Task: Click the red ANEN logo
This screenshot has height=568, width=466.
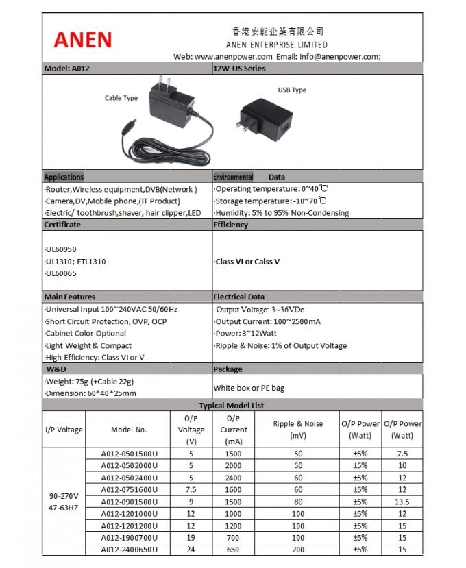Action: [82, 38]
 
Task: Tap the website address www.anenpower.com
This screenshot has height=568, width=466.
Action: [234, 57]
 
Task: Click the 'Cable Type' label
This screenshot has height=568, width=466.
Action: [121, 98]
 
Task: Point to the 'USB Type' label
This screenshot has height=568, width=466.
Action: [292, 90]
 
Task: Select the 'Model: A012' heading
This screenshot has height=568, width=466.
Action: [67, 69]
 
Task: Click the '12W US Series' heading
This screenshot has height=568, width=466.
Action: [239, 69]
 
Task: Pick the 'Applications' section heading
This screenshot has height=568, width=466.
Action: [64, 177]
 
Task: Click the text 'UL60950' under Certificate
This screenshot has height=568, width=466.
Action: [62, 250]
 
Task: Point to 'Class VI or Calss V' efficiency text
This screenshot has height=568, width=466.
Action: [249, 262]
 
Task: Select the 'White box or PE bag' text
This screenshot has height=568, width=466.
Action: [249, 388]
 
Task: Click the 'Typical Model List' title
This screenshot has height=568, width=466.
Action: [232, 406]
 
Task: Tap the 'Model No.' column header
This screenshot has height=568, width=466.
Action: [130, 430]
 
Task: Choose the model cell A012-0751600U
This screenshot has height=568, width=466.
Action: [130, 489]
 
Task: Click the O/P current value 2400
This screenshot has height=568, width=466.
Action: [234, 478]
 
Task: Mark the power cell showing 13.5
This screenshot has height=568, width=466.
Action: [402, 502]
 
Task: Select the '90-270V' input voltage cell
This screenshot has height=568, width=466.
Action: [64, 495]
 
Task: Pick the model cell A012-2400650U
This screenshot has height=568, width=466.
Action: [130, 550]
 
